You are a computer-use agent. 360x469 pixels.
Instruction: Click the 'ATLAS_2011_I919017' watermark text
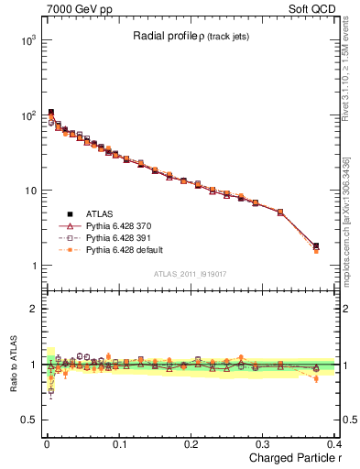(189, 273)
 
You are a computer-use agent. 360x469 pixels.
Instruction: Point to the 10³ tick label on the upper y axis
(27, 40)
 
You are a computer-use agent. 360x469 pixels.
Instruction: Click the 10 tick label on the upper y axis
(29, 191)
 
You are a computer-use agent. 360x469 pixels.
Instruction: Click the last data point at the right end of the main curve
(316, 246)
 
